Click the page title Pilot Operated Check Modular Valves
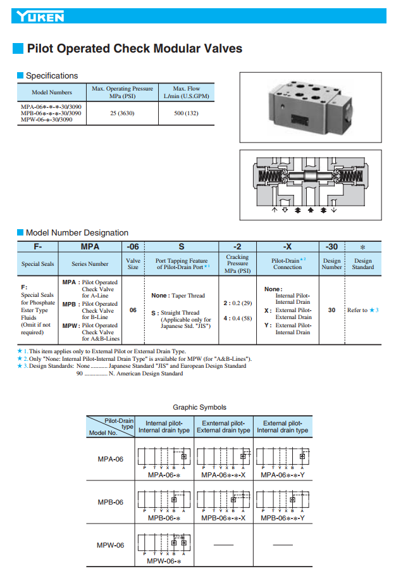pos(134,49)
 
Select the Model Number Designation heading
pos(77,233)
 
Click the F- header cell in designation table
pos(38,246)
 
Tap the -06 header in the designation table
pos(133,246)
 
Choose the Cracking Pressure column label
pos(237,264)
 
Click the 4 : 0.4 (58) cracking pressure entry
pos(238,318)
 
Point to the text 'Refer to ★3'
pos(363,310)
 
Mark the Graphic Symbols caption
pos(199,407)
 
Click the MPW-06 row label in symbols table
pos(110,545)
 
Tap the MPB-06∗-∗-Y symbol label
pos(283,518)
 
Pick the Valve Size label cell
pos(133,264)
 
